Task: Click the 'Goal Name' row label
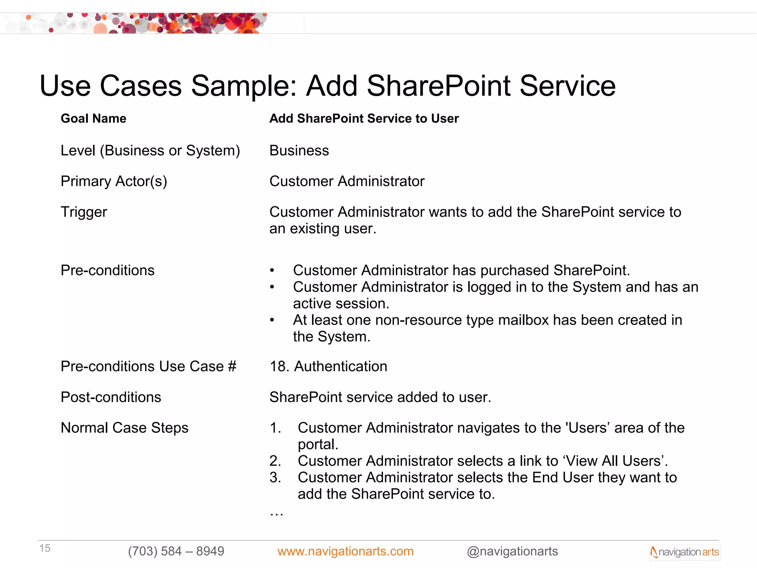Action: (x=94, y=118)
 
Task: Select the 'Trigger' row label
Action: (x=84, y=212)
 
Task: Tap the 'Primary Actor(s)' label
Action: (x=114, y=182)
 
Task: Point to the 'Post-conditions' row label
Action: (x=111, y=397)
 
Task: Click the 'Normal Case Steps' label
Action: (x=125, y=428)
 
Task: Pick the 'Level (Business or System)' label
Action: (x=150, y=151)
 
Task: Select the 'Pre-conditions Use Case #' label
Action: (x=149, y=366)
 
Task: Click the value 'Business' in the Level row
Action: (x=299, y=151)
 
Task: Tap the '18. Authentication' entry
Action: (x=328, y=366)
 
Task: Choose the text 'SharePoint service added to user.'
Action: (x=380, y=397)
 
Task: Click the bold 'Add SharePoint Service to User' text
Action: (x=364, y=118)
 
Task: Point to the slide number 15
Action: (x=45, y=548)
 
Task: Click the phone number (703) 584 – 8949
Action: (x=176, y=551)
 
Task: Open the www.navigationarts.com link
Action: (x=345, y=551)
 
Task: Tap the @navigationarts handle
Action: (x=512, y=551)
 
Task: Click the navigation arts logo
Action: (x=685, y=552)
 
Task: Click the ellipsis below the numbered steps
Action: (x=276, y=513)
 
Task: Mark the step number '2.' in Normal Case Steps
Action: (x=275, y=461)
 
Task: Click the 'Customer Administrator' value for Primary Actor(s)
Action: (x=347, y=182)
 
